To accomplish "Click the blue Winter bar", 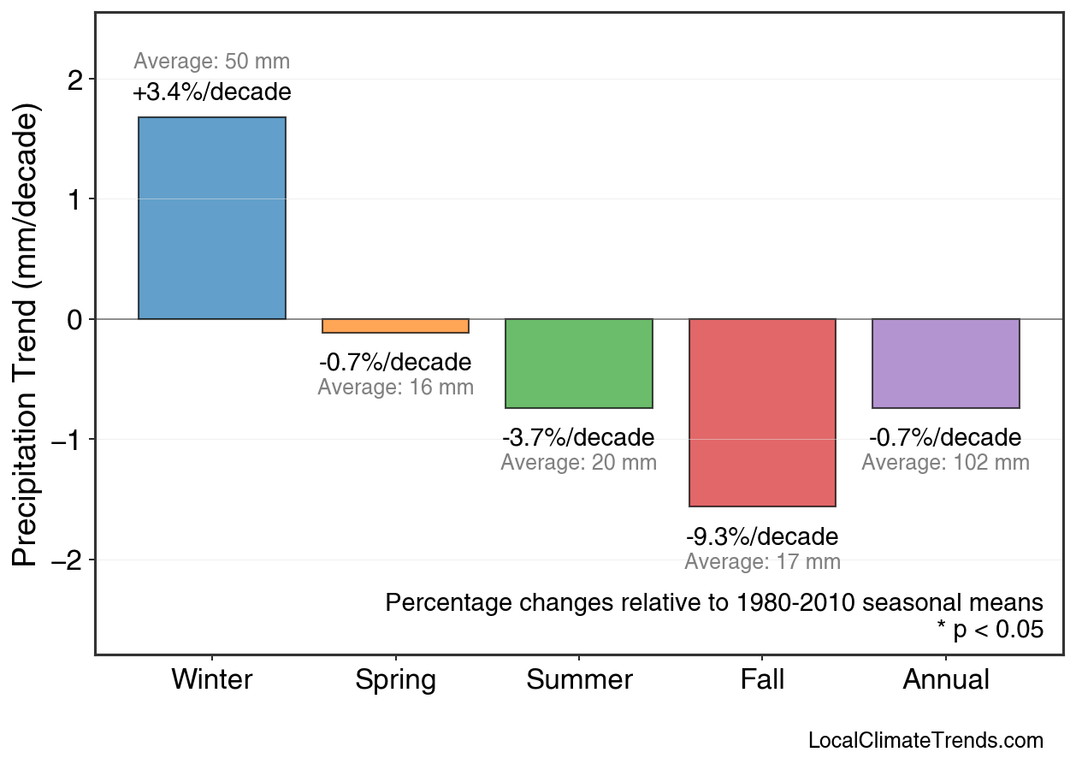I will (x=212, y=218).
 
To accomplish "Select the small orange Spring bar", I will (x=395, y=326).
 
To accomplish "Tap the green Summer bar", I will (x=579, y=364).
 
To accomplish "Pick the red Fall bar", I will (x=762, y=412).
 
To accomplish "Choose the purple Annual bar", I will (x=946, y=364).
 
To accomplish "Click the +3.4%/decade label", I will (x=212, y=92).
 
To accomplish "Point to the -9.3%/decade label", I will (x=762, y=537).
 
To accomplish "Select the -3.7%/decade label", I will (x=578, y=438).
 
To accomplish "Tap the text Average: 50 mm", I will (x=212, y=62).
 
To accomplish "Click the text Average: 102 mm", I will (x=945, y=463).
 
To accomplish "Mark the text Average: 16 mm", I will (x=395, y=387).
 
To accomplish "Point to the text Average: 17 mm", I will (x=762, y=562).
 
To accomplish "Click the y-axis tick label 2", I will (x=76, y=80).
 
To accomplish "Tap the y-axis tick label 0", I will (x=76, y=320).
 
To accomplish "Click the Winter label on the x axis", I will (x=212, y=680).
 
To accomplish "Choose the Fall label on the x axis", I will (x=762, y=680).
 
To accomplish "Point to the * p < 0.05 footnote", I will (x=990, y=630).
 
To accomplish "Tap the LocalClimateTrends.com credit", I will (x=925, y=741).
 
